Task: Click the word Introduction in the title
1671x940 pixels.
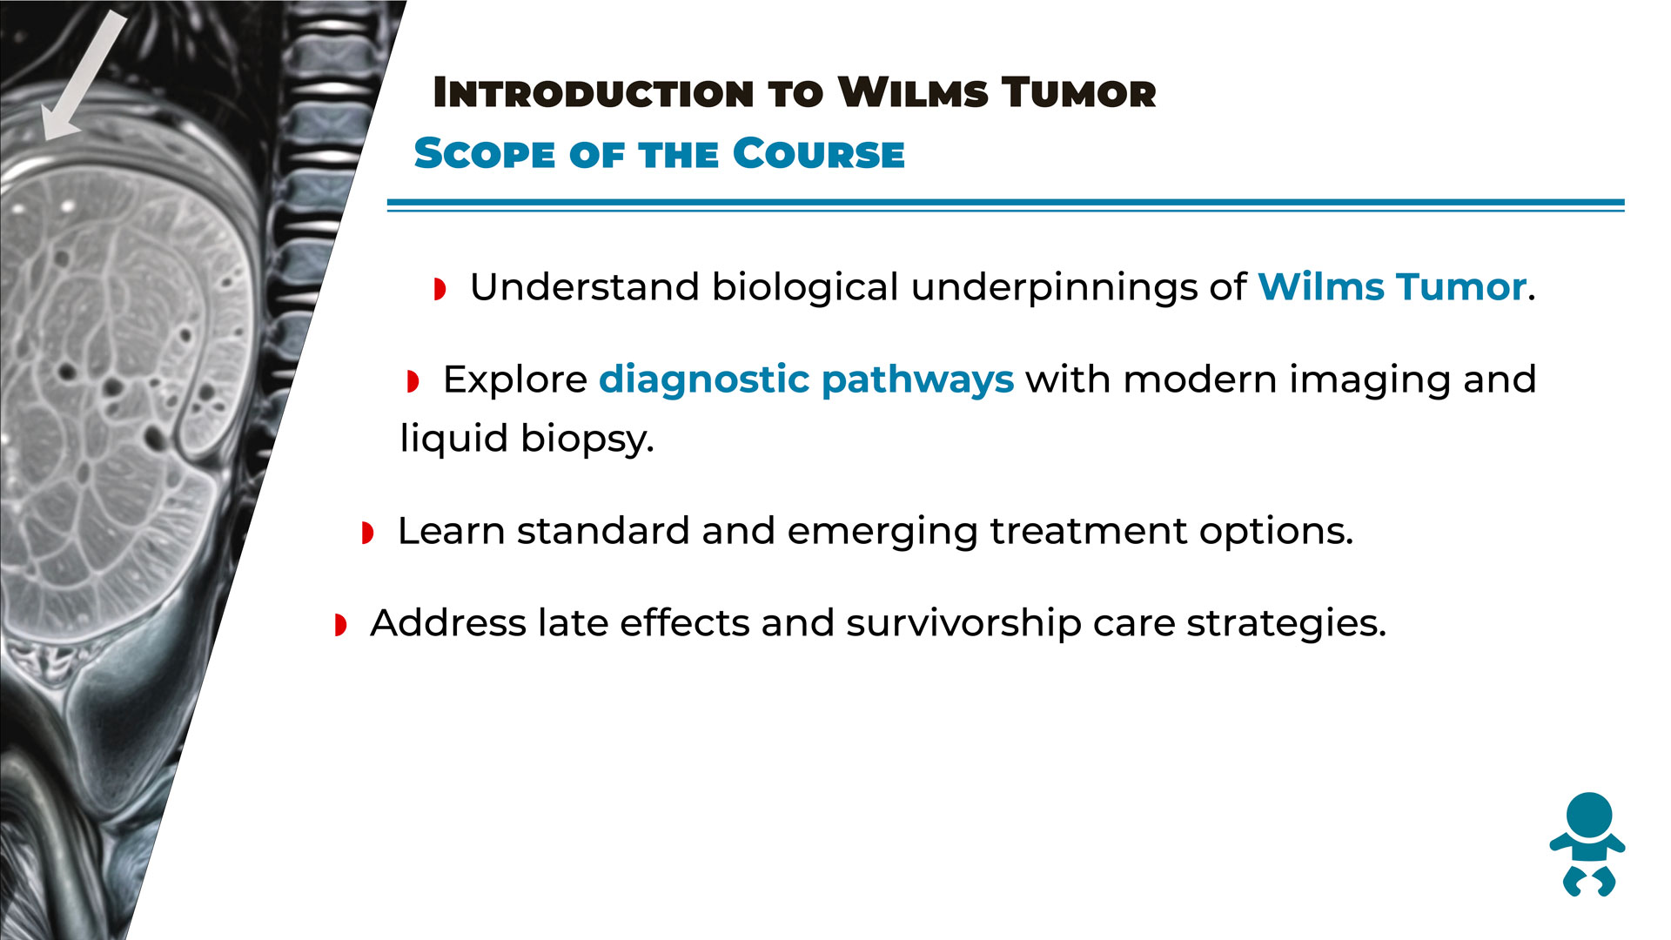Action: pyautogui.click(x=594, y=93)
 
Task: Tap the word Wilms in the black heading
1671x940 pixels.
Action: pyautogui.click(x=913, y=93)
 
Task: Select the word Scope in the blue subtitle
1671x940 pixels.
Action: pyautogui.click(x=484, y=154)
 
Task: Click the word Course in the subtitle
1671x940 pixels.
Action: pyautogui.click(x=819, y=154)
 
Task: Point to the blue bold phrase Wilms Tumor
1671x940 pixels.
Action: pyautogui.click(x=1392, y=286)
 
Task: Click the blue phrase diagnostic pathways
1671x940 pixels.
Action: pyautogui.click(x=806, y=379)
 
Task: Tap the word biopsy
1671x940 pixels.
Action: pyautogui.click(x=587, y=438)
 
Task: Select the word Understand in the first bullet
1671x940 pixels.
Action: pyautogui.click(x=585, y=286)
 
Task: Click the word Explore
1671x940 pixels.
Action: pyautogui.click(x=515, y=379)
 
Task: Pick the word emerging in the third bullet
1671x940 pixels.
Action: pyautogui.click(x=882, y=531)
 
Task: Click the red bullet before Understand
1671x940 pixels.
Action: pyautogui.click(x=440, y=289)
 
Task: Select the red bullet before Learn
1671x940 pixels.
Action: pyautogui.click(x=367, y=533)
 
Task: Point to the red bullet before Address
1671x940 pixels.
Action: pyautogui.click(x=340, y=625)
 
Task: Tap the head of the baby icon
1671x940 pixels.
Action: pyautogui.click(x=1589, y=816)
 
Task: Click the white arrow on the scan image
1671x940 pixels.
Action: pyautogui.click(x=84, y=76)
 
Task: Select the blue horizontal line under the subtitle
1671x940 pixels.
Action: pyautogui.click(x=1005, y=205)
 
